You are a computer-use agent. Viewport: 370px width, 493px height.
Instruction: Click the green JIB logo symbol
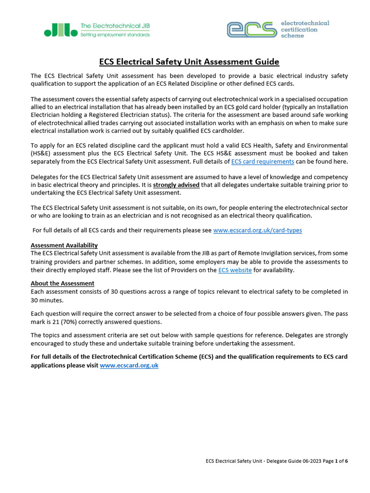(x=60, y=30)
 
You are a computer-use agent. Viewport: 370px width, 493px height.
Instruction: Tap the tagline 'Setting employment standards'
(x=115, y=35)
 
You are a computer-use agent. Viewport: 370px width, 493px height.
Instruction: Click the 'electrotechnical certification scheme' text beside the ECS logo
(x=304, y=29)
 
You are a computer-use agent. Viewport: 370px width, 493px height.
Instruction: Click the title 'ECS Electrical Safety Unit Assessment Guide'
(x=189, y=62)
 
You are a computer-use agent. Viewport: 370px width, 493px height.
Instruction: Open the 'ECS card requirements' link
(x=263, y=162)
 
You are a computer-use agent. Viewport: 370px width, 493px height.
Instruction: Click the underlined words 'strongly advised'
(x=176, y=185)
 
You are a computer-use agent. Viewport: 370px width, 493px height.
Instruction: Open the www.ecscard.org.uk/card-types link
(x=257, y=231)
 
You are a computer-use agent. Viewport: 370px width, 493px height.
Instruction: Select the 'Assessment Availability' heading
(x=64, y=246)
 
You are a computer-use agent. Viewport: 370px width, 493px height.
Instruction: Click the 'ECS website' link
(x=235, y=270)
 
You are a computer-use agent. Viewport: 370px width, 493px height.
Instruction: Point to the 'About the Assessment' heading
(x=63, y=284)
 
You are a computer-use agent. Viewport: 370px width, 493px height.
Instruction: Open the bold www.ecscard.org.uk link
(x=129, y=365)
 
